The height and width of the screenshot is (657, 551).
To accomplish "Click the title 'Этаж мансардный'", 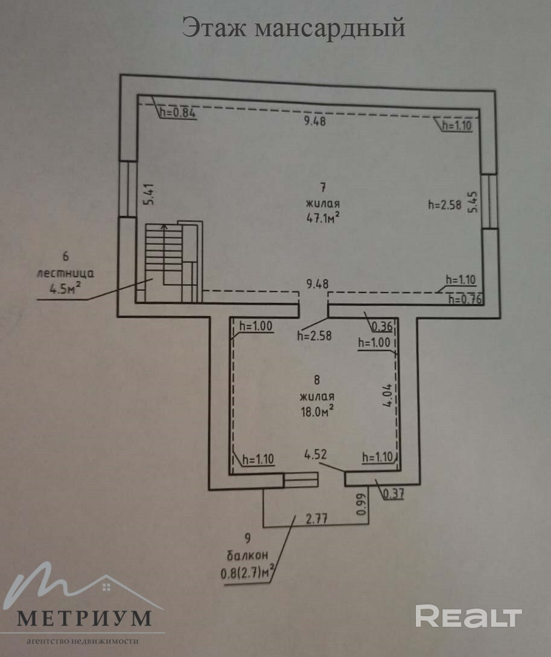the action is click(x=294, y=28).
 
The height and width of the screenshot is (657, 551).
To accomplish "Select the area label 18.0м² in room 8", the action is click(x=316, y=410).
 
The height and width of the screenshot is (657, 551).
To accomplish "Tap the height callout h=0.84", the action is click(x=178, y=112).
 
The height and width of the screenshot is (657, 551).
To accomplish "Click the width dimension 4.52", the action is click(x=316, y=454).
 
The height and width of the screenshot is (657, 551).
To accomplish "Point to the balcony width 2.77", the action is click(x=317, y=517).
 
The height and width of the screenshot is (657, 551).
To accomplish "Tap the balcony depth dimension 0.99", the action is click(x=361, y=504).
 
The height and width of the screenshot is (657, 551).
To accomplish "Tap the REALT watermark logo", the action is click(x=468, y=616).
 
